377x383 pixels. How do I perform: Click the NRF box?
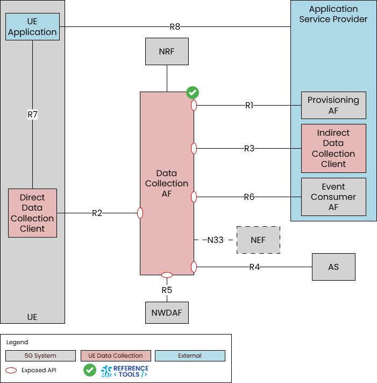click(x=167, y=52)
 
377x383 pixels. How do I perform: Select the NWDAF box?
click(x=167, y=312)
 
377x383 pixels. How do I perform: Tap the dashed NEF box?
click(x=258, y=240)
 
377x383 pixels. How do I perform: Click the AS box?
click(x=333, y=267)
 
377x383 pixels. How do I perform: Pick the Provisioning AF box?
click(x=333, y=105)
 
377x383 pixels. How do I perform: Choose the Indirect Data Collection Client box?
click(x=333, y=148)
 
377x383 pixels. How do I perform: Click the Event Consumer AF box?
click(x=333, y=197)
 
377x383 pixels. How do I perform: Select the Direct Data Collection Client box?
click(x=32, y=213)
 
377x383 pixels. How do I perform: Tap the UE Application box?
click(x=32, y=27)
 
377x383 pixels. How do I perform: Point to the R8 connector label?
click(x=175, y=26)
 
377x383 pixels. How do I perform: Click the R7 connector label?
click(x=32, y=114)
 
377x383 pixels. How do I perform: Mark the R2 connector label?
click(x=97, y=213)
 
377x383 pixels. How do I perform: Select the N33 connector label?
click(x=215, y=240)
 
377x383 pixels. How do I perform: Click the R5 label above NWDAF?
click(x=167, y=290)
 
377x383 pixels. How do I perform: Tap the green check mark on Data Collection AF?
click(x=193, y=93)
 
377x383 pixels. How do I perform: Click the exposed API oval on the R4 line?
click(x=194, y=267)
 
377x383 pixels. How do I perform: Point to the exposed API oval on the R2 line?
click(x=140, y=213)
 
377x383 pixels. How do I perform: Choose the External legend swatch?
click(x=190, y=356)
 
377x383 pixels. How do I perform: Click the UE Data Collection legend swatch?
click(x=116, y=356)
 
